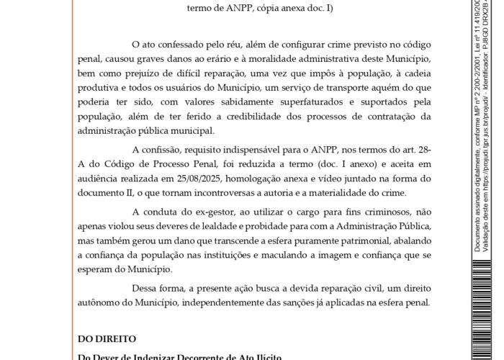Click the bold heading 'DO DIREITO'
[107, 338]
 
